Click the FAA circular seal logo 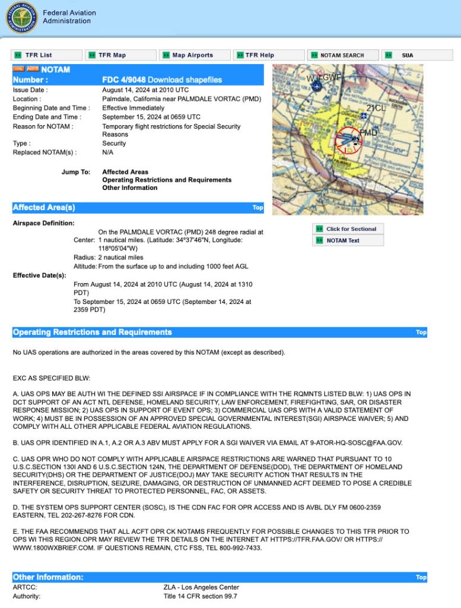pos(22,17)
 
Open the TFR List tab pos(39,55)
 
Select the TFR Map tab pos(112,55)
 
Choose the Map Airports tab pos(192,55)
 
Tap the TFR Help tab pos(260,55)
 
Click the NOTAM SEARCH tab pos(342,55)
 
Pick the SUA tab pos(407,55)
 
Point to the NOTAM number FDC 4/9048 pos(123,80)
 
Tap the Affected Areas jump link pos(125,172)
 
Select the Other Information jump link pos(130,188)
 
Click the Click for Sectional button pos(351,229)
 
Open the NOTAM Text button pos(343,240)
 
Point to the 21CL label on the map pos(376,108)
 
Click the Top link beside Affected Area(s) pos(257,208)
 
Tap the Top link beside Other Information pos(421,577)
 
